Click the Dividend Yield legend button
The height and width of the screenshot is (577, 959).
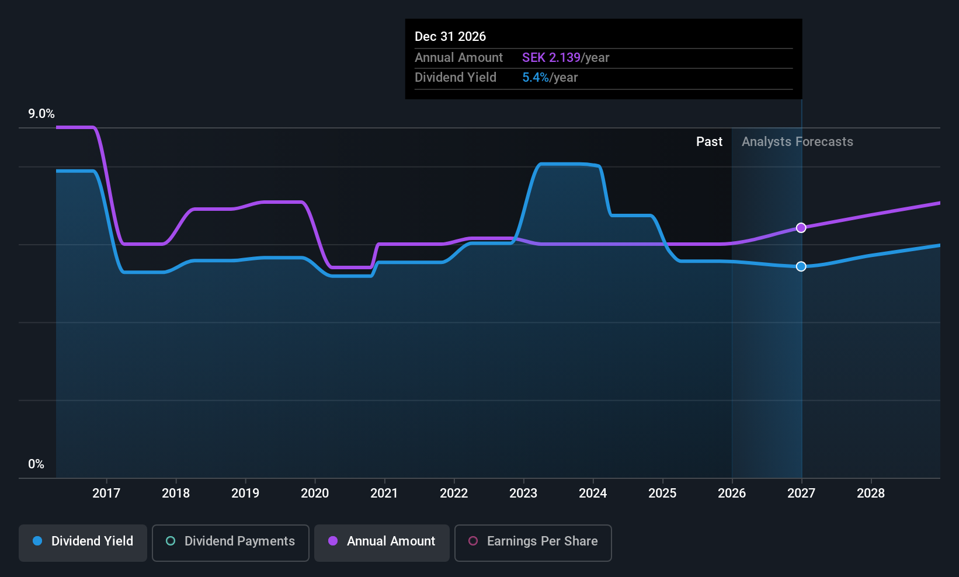tap(82, 543)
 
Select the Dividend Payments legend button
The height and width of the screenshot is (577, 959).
tap(230, 543)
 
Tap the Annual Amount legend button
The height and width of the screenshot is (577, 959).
tap(382, 543)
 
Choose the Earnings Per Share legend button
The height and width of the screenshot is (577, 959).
tap(533, 543)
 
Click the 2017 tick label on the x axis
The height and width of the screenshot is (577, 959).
tap(106, 493)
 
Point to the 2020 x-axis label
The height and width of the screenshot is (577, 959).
tap(315, 493)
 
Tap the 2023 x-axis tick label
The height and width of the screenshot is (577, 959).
tap(523, 493)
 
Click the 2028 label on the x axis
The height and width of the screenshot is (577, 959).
tap(871, 493)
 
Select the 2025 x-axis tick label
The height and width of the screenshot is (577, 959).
tap(662, 493)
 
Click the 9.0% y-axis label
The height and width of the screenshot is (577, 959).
tap(41, 114)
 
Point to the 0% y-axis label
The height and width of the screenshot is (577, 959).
tap(36, 464)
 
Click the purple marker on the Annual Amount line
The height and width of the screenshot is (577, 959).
tap(801, 228)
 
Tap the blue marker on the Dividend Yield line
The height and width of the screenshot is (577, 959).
tap(801, 267)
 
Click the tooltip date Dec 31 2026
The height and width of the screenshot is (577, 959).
tap(450, 37)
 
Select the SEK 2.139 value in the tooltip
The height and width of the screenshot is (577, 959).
tap(551, 57)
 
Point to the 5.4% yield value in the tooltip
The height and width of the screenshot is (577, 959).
tap(536, 78)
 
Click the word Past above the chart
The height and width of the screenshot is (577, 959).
tap(710, 142)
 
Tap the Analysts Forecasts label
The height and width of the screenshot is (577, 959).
tap(797, 142)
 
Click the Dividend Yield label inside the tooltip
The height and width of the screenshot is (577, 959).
tap(456, 78)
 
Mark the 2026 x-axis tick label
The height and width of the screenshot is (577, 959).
tap(732, 493)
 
